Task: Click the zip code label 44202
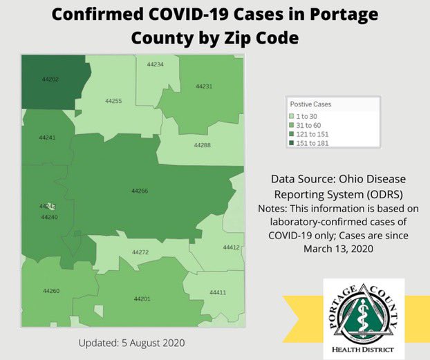50,79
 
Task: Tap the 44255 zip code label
113,101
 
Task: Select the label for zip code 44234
155,64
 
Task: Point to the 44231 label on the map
204,86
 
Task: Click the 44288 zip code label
202,145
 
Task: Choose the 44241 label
47,138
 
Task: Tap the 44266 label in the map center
140,191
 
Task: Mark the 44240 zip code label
49,217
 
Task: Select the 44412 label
231,247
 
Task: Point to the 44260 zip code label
51,291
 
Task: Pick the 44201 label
142,299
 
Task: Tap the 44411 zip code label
218,293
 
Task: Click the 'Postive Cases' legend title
310,104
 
